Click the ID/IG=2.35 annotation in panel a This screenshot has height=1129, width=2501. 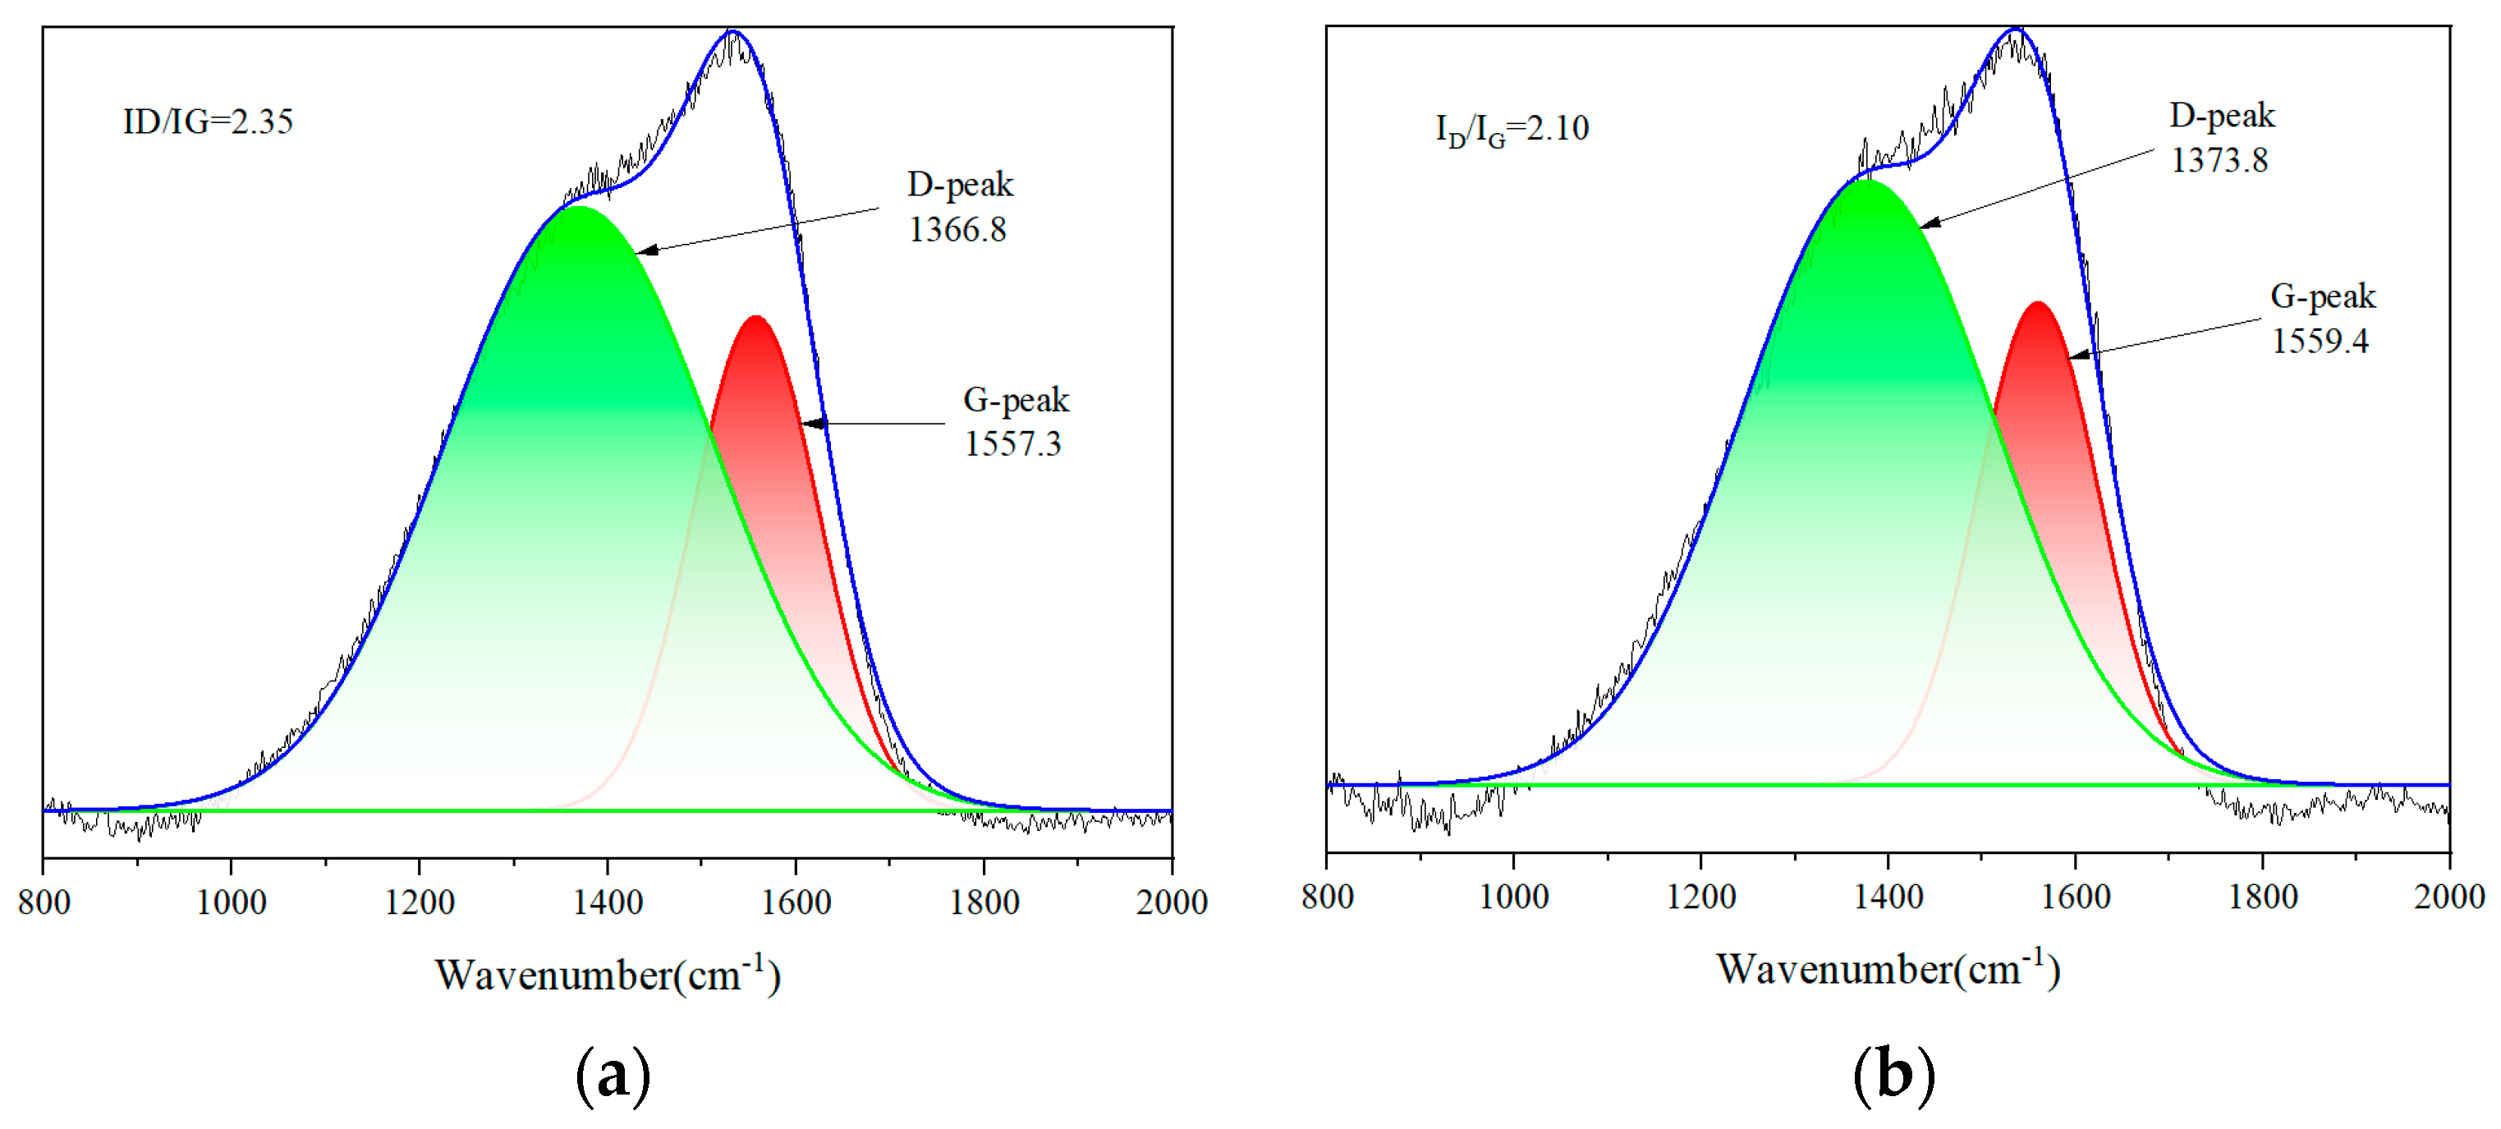pos(208,122)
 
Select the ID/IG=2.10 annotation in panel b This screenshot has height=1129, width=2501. pos(1512,129)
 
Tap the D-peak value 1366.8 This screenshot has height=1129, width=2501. pos(957,230)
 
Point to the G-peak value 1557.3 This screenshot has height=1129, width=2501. pos(1012,443)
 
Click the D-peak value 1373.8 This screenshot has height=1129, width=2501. pos(2219,160)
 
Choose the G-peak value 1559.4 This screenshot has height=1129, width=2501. pos(2320,341)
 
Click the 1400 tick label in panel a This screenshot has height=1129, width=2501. pos(608,902)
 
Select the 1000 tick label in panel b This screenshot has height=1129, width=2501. pos(1513,896)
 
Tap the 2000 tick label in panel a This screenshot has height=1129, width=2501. pos(1172,902)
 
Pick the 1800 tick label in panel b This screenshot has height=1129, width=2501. pos(2263,896)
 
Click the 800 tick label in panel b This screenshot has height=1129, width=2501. pos(1327,896)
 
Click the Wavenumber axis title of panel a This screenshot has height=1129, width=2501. pos(608,975)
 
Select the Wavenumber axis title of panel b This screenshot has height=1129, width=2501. pos(1888,969)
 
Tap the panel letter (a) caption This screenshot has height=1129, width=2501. pos(613,1076)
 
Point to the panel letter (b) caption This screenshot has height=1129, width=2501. pos(1894,1075)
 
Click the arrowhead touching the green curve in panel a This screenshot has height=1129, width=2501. pos(645,250)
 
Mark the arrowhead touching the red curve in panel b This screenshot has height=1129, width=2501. pos(2077,356)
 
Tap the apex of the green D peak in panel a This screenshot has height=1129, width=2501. pos(579,207)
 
